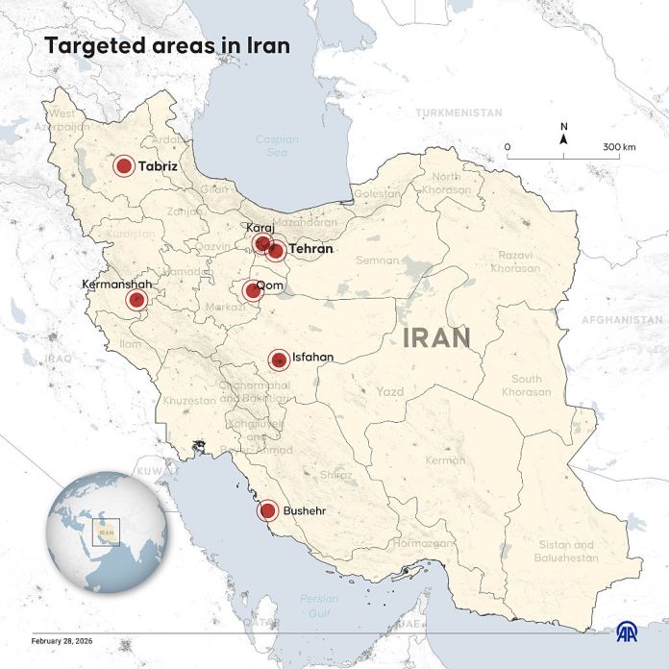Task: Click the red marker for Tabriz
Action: coord(124,166)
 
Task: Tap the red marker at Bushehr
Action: coord(268,511)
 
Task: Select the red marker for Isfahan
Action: coord(279,359)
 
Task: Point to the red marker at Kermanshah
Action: coord(136,301)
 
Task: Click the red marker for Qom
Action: coord(252,290)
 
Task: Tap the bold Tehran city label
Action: coord(310,249)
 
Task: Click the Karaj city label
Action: coord(260,227)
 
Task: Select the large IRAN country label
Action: coord(436,337)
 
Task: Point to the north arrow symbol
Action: coord(564,139)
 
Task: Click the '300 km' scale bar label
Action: coord(620,147)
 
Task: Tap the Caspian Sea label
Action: coord(277,145)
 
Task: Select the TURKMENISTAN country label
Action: coord(458,112)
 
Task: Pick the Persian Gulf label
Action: coord(318,604)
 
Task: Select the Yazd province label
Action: coord(390,392)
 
